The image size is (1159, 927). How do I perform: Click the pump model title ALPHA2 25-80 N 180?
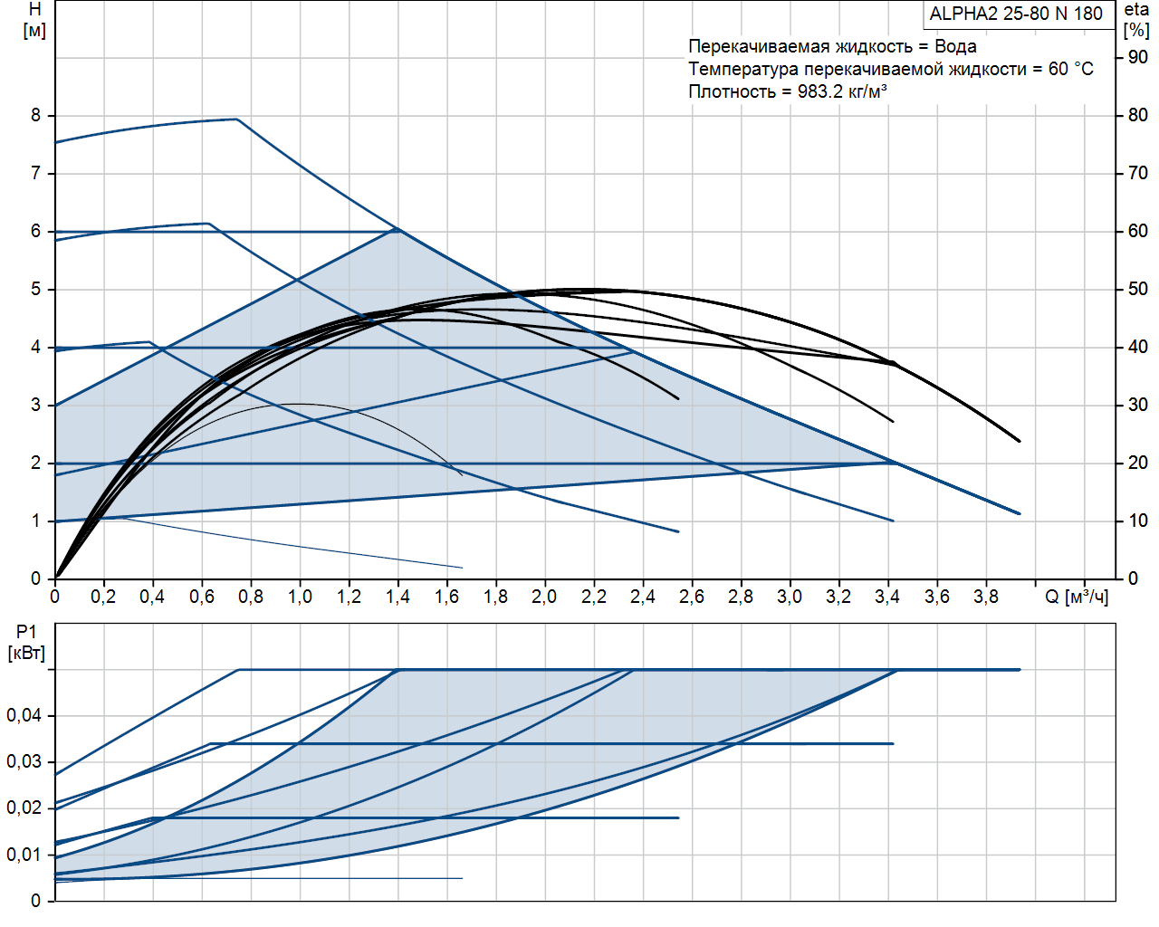(x=1016, y=14)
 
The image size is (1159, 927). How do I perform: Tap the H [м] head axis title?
(x=34, y=20)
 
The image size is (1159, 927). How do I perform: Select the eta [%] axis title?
(x=1136, y=20)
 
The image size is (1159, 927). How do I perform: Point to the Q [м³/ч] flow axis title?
(x=1077, y=597)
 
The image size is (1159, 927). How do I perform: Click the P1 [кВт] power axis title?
(x=26, y=642)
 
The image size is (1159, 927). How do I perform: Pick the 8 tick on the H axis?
(x=36, y=116)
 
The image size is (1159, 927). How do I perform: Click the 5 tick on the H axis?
(x=36, y=290)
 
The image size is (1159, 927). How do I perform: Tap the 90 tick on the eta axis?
(x=1138, y=58)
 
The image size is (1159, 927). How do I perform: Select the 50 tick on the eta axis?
(x=1138, y=290)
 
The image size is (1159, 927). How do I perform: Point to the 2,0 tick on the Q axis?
(x=544, y=597)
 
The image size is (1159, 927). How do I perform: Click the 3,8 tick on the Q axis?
(x=986, y=597)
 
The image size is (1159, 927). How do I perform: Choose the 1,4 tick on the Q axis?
(x=398, y=597)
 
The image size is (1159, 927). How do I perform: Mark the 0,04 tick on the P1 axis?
(x=24, y=716)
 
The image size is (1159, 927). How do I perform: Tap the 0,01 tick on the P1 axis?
(x=24, y=855)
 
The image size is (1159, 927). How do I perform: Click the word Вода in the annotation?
(x=955, y=46)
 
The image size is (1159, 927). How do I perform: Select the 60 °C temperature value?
(x=1071, y=69)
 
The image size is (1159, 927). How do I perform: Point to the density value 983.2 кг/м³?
(x=842, y=91)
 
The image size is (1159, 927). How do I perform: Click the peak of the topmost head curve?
(x=236, y=119)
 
